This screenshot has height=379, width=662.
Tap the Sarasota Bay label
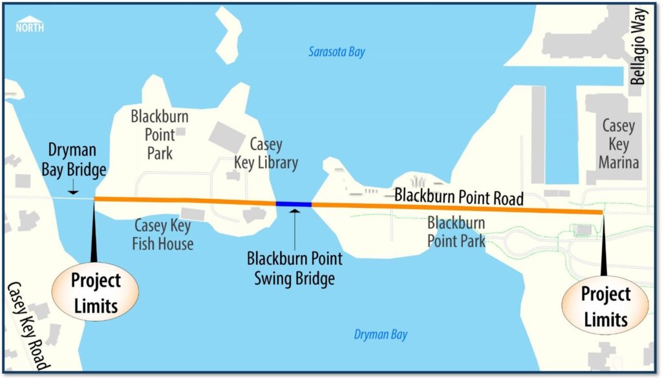pyautogui.click(x=336, y=52)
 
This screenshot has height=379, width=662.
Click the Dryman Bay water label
pyautogui.click(x=381, y=334)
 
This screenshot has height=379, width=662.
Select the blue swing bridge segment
pyautogui.click(x=294, y=204)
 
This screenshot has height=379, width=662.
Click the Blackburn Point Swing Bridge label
pyautogui.click(x=295, y=269)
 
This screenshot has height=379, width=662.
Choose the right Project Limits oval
pyautogui.click(x=605, y=307)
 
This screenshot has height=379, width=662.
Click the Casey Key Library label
pyautogui.click(x=266, y=154)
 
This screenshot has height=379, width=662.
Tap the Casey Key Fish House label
pyautogui.click(x=164, y=234)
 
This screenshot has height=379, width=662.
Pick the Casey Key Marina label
pyautogui.click(x=619, y=143)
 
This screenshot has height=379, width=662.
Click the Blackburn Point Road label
pyautogui.click(x=459, y=195)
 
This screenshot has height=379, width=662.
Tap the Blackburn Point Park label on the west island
pyautogui.click(x=153, y=134)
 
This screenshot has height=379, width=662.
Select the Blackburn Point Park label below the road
pyautogui.click(x=456, y=232)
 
